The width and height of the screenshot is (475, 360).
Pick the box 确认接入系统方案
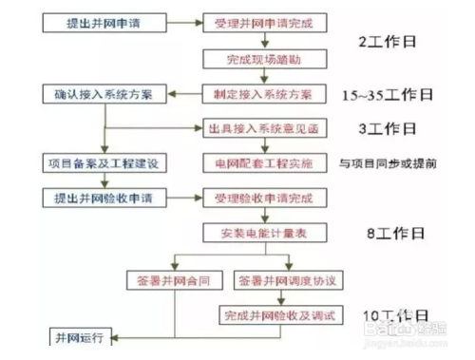click(x=105, y=94)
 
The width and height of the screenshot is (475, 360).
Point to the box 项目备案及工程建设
click(x=105, y=163)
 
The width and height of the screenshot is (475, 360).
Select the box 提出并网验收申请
click(x=105, y=199)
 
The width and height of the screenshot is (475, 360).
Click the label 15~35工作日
click(x=389, y=95)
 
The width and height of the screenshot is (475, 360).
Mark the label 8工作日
click(x=390, y=234)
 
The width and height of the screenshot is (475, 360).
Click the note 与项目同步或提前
click(x=389, y=164)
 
